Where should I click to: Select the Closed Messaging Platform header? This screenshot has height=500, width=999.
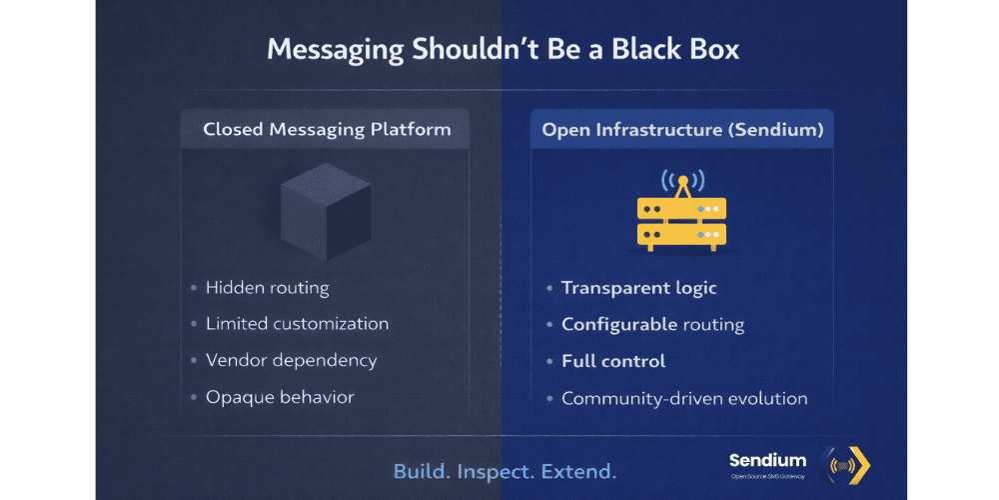coord(327,129)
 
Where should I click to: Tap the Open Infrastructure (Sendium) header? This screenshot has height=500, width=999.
coord(682,129)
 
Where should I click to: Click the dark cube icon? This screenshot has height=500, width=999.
coord(325,211)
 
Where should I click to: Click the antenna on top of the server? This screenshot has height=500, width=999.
coord(682,183)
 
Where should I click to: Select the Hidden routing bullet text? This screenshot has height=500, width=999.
coord(267,288)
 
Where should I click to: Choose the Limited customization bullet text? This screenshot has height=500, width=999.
coord(297,324)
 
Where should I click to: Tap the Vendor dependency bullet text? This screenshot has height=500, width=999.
coord(291,360)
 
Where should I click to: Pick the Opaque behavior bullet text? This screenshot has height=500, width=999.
coord(280,397)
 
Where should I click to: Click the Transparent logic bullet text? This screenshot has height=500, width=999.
coord(639,288)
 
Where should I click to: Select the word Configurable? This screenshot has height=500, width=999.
coord(618,325)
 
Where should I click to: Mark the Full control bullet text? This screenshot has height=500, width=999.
coord(613,361)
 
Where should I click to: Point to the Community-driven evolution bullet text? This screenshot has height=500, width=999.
coord(684,398)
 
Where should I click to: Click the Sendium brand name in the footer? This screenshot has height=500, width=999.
coord(767,461)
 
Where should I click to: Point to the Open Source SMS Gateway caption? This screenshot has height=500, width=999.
coord(767,479)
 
